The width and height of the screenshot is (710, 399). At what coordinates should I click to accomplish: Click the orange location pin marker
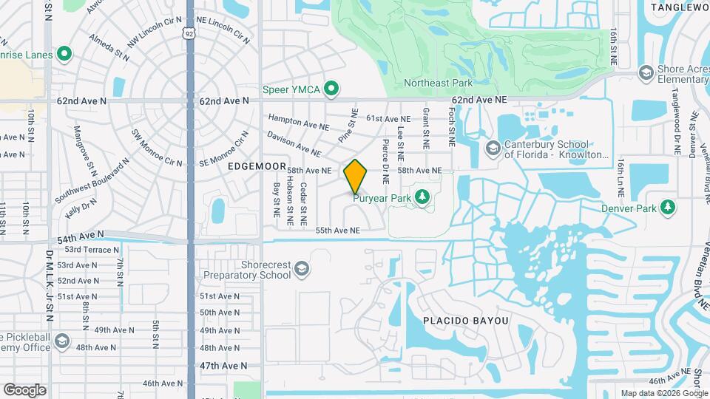pyautogui.click(x=356, y=176)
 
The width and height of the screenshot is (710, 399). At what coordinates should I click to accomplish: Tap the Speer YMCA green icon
pyautogui.click(x=332, y=89)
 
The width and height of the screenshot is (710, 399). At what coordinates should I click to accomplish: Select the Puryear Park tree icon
pyautogui.click(x=422, y=197)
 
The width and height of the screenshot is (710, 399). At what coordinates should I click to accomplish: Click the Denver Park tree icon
pyautogui.click(x=668, y=206)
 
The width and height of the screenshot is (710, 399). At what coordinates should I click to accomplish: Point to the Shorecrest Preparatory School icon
pyautogui.click(x=301, y=269)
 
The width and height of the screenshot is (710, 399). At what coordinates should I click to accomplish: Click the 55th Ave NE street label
pyautogui.click(x=337, y=231)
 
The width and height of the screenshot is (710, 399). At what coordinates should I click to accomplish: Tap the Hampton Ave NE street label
pyautogui.click(x=298, y=122)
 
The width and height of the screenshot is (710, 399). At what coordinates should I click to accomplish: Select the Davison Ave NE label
pyautogui.click(x=294, y=143)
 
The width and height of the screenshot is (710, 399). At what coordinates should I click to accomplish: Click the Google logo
pyautogui.click(x=24, y=389)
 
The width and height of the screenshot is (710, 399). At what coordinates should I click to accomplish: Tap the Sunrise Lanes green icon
pyautogui.click(x=64, y=54)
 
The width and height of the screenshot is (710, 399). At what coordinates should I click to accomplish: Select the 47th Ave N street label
pyautogui.click(x=223, y=365)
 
